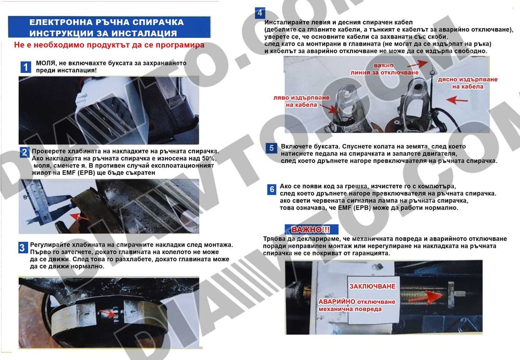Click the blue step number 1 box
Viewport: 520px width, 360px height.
[x=25, y=67]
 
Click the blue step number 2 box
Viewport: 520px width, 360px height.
[x=24, y=152]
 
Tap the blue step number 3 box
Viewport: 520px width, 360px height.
[x=23, y=248]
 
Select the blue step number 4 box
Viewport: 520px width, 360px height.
[x=259, y=14]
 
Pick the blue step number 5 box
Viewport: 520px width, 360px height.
[x=271, y=148]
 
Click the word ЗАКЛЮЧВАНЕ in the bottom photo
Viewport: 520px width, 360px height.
[x=372, y=286]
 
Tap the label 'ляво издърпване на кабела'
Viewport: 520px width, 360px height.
[x=297, y=101]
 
